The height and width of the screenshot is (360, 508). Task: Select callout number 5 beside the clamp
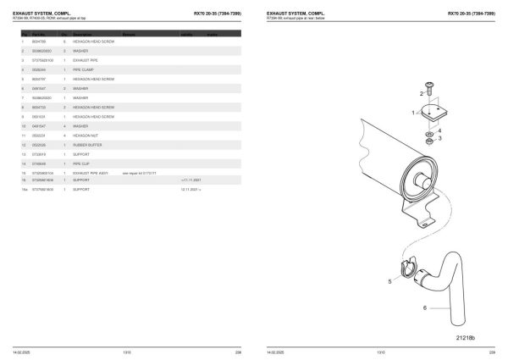[390, 280]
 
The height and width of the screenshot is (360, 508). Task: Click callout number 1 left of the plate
[411, 113]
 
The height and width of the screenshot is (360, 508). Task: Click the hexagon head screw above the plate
[430, 86]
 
